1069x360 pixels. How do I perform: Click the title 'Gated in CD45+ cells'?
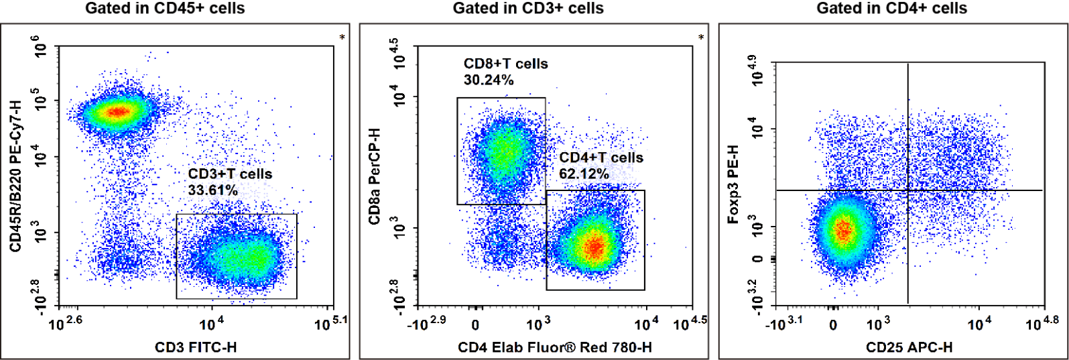(x=164, y=9)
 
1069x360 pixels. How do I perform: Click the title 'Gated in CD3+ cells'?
(x=528, y=9)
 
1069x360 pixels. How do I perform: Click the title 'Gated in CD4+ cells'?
(x=891, y=9)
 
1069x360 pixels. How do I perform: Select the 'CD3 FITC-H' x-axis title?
(x=196, y=347)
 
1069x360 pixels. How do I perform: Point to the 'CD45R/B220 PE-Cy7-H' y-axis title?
(x=14, y=176)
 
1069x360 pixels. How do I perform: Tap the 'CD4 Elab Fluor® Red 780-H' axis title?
(x=555, y=347)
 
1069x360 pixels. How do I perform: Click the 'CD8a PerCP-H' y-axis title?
(x=373, y=176)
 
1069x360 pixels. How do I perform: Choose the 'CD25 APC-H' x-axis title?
(x=909, y=347)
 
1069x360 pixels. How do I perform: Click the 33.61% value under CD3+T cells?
(x=212, y=190)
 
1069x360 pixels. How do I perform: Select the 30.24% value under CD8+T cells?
(x=489, y=80)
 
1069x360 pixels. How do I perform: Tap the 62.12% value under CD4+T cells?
(x=584, y=174)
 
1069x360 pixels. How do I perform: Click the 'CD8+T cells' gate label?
(x=505, y=64)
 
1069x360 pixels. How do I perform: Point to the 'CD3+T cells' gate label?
(x=230, y=174)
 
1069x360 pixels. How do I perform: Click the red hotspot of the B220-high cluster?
(x=118, y=111)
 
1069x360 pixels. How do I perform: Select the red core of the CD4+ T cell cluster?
(x=594, y=247)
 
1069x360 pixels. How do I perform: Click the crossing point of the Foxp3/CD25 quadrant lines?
(x=907, y=190)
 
